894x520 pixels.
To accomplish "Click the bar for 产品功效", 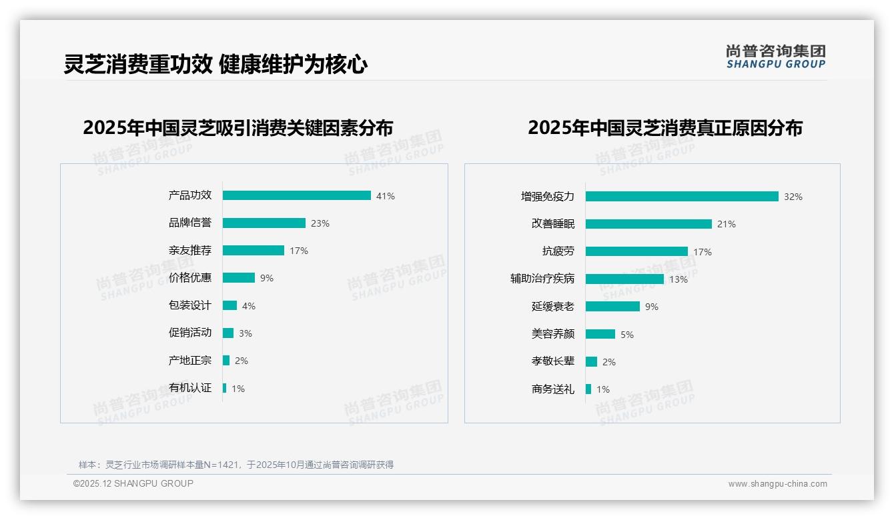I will [x=296, y=195].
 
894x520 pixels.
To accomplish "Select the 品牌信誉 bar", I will [x=264, y=223].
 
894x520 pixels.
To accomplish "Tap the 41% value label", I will [x=385, y=196].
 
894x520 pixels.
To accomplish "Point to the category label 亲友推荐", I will [x=190, y=251].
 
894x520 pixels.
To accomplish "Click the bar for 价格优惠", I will [x=239, y=278].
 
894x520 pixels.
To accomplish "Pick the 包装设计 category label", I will [x=190, y=305].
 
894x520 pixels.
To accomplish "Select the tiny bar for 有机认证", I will [x=225, y=388].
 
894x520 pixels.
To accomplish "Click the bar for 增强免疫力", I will [x=682, y=197].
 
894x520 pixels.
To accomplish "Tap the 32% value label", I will [x=793, y=197].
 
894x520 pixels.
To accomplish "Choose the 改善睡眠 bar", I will [x=648, y=224].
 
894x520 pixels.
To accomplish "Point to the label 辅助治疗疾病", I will [x=542, y=279].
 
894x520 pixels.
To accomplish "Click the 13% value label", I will [x=679, y=279].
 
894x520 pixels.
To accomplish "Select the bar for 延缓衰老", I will [x=612, y=307].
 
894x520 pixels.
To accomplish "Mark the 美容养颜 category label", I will [x=553, y=334].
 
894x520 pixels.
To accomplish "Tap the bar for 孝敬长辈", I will [x=591, y=361].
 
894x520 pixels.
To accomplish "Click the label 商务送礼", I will [x=553, y=389].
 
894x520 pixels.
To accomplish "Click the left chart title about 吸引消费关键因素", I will [x=238, y=127].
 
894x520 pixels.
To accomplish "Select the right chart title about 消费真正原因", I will [x=665, y=127].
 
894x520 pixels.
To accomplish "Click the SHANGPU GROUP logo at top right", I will [x=776, y=57].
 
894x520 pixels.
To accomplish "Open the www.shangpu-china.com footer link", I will [x=777, y=484].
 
